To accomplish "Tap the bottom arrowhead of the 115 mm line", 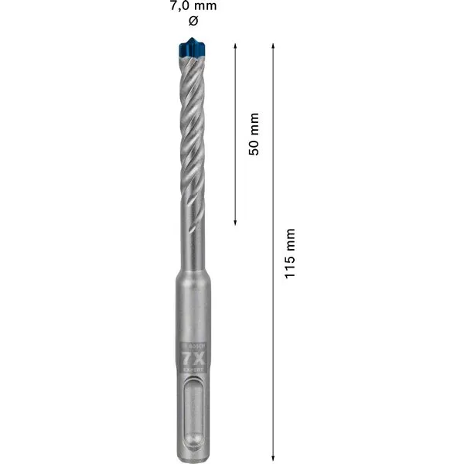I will point(273,459).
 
